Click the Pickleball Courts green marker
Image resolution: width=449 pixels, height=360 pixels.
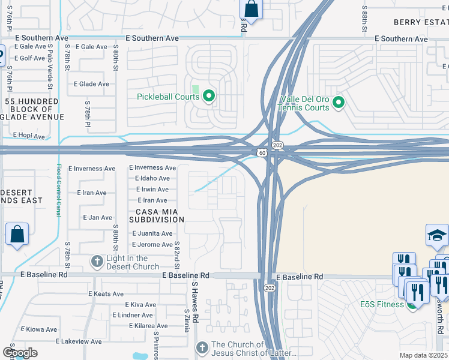[x=209, y=95]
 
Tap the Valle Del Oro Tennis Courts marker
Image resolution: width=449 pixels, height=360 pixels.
[x=338, y=103]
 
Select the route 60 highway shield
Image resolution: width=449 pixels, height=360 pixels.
[x=263, y=153]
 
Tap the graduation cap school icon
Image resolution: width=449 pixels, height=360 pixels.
[x=437, y=237]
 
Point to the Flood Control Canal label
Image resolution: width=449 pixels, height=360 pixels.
[x=59, y=191]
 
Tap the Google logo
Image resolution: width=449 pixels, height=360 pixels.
[x=20, y=352]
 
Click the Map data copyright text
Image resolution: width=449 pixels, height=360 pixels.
[x=423, y=355]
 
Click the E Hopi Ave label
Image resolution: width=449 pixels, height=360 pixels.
[x=28, y=136]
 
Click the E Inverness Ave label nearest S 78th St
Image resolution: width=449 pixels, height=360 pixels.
[x=92, y=169]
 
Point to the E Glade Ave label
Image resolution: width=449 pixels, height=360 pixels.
[x=91, y=84]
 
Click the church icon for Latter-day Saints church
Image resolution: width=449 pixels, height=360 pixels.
[x=202, y=347]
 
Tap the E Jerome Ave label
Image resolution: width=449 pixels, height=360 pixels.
[x=151, y=245]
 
